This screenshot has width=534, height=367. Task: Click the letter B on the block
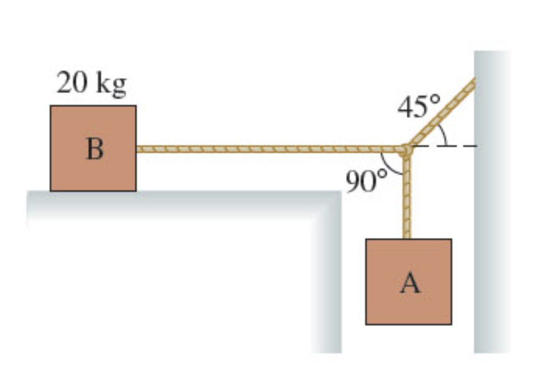click(x=94, y=148)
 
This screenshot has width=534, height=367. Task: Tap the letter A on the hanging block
click(x=410, y=283)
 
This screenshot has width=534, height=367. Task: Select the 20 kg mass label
click(x=91, y=83)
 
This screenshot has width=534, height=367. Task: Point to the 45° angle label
click(x=418, y=106)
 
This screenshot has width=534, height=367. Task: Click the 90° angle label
click(x=366, y=181)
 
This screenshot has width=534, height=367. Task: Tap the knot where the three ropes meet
click(x=407, y=150)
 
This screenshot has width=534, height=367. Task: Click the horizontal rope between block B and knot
click(x=269, y=149)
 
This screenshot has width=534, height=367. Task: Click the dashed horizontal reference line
click(x=444, y=146)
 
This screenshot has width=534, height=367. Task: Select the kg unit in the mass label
click(x=111, y=84)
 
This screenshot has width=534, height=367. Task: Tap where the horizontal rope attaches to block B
click(x=137, y=149)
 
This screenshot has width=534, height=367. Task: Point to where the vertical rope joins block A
click(x=407, y=239)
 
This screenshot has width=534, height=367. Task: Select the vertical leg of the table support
click(x=326, y=279)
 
